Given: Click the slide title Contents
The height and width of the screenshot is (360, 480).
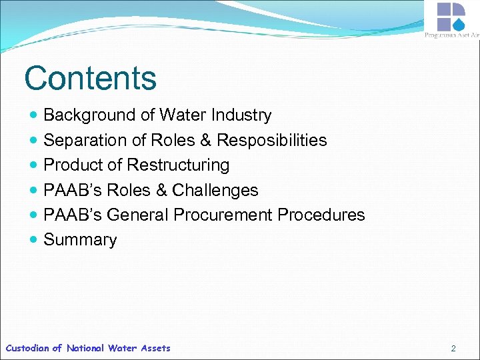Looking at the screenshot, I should pos(90,78).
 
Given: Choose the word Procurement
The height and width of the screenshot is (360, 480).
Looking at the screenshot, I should pos(223,215).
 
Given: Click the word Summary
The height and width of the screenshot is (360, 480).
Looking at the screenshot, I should pos(80,240).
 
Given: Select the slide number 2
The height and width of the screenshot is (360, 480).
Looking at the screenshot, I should pos(453,348).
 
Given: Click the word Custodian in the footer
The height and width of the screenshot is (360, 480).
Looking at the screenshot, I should pos(27,348).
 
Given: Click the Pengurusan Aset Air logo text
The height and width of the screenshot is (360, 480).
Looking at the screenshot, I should pos(451,35).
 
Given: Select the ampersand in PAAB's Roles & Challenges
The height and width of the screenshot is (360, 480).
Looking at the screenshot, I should pos(161,190).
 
